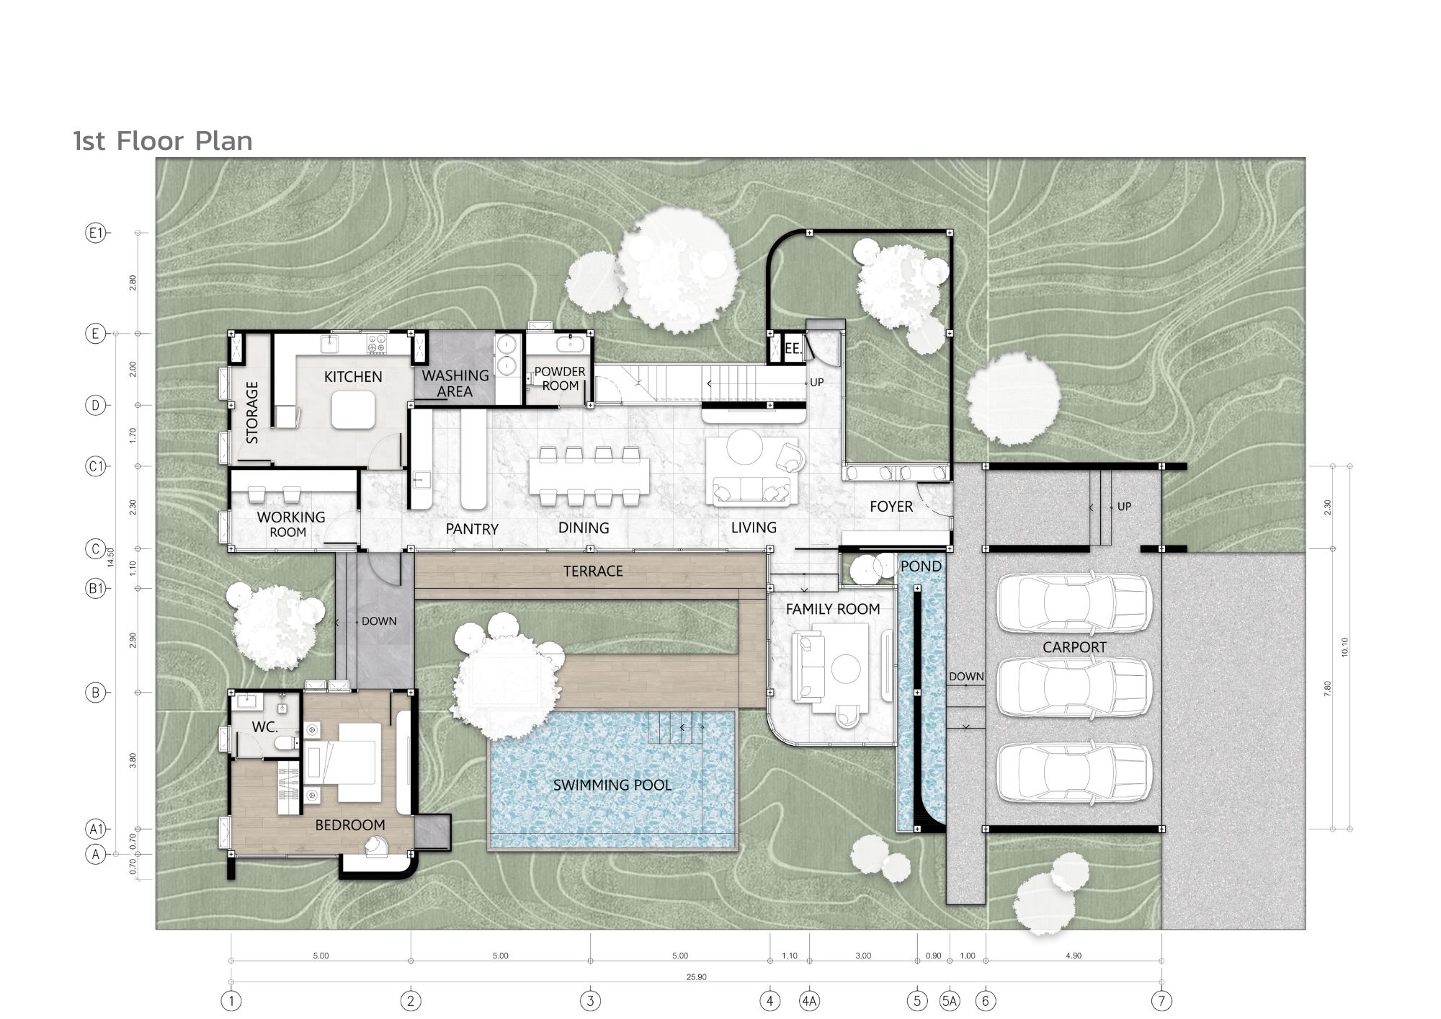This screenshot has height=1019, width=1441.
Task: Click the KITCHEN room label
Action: click(x=353, y=377)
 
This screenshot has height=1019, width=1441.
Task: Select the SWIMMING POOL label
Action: click(x=612, y=785)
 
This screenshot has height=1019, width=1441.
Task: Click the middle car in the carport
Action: click(x=1074, y=688)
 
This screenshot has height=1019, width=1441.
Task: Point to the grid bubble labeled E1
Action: click(x=95, y=233)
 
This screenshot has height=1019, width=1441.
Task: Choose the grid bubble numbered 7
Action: click(x=1161, y=1001)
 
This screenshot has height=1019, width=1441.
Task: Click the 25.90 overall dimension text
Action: click(x=697, y=977)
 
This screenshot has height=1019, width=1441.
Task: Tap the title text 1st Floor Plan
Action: click(x=164, y=141)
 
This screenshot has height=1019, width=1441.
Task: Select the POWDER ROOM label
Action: click(x=560, y=378)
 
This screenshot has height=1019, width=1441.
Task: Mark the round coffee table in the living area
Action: click(x=744, y=448)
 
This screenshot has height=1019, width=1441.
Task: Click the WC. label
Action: click(x=265, y=727)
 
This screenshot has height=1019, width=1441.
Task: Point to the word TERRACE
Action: click(x=593, y=571)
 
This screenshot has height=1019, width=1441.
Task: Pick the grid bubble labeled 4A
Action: click(x=809, y=1001)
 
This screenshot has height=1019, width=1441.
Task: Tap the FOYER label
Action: click(x=891, y=507)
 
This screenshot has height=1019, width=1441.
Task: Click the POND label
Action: click(x=922, y=566)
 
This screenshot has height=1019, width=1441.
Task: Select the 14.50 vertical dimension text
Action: click(x=110, y=559)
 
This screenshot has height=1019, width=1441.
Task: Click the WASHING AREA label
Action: click(x=455, y=383)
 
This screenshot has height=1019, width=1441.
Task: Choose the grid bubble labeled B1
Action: click(x=95, y=588)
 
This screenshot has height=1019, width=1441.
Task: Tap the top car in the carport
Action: click(x=1074, y=603)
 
